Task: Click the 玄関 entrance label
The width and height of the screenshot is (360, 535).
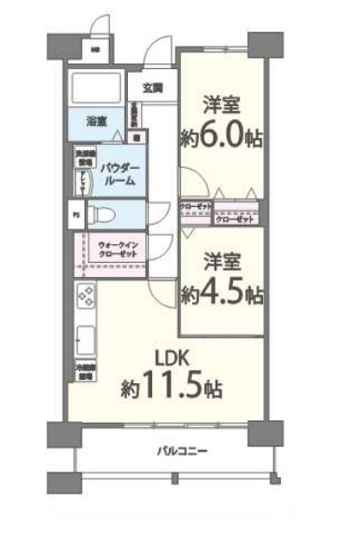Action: pos(153,89)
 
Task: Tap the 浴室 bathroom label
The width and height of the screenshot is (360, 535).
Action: pos(97,121)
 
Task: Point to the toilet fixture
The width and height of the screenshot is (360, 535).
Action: pos(109,214)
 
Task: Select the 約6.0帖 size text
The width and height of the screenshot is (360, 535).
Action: pos(220,137)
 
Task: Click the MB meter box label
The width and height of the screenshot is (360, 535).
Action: pos(94,49)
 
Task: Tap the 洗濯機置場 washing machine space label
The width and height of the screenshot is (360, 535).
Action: pos(81,159)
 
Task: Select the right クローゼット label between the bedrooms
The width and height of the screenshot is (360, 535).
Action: pos(233,220)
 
